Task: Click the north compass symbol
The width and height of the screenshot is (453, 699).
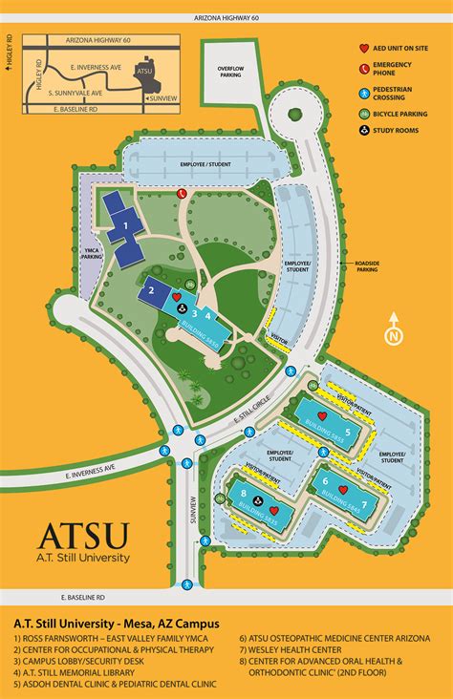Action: tap(392, 335)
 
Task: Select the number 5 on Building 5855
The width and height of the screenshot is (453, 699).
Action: tap(348, 432)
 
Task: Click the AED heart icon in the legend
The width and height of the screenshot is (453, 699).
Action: tap(363, 47)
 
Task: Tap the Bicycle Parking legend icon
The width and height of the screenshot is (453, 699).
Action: tap(363, 114)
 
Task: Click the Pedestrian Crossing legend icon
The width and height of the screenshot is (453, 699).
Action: tap(363, 93)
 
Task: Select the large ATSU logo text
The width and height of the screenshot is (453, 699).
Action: tap(81, 538)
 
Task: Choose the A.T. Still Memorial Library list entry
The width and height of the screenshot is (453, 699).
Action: tap(70, 672)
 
